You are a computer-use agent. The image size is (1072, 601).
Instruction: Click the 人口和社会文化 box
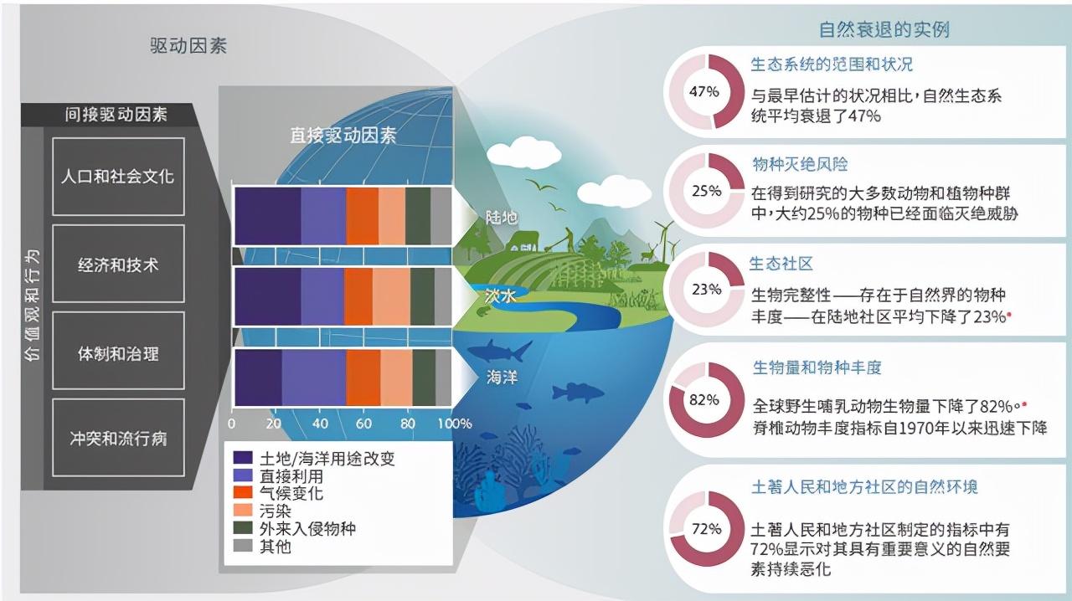point(118,177)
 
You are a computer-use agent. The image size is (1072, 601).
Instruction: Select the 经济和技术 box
point(118,264)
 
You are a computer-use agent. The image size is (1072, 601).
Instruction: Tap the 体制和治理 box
point(118,351)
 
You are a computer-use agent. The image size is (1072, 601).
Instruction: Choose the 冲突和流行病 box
point(118,438)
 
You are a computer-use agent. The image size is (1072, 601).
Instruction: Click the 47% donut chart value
point(704,91)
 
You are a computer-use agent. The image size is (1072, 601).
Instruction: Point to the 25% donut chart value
point(706,191)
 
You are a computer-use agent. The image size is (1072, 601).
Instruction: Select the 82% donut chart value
point(704,399)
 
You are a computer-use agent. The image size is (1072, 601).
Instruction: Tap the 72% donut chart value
point(706,529)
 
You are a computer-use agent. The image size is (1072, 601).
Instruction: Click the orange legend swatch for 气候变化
point(243,492)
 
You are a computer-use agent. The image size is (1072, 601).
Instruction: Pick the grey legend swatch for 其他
point(243,546)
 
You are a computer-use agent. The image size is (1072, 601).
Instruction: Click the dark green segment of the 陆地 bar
point(418,216)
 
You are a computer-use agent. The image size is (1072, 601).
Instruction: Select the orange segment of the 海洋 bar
point(363,378)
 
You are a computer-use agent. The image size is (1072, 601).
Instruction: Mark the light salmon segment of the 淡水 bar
point(391,296)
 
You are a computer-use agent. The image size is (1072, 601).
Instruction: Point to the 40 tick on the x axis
point(320,424)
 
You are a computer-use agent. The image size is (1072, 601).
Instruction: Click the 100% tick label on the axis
point(455,424)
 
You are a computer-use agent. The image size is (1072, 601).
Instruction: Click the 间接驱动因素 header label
point(116,115)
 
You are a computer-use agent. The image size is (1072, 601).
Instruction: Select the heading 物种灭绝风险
point(800,164)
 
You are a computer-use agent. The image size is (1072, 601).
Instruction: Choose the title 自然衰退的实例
point(884,29)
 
